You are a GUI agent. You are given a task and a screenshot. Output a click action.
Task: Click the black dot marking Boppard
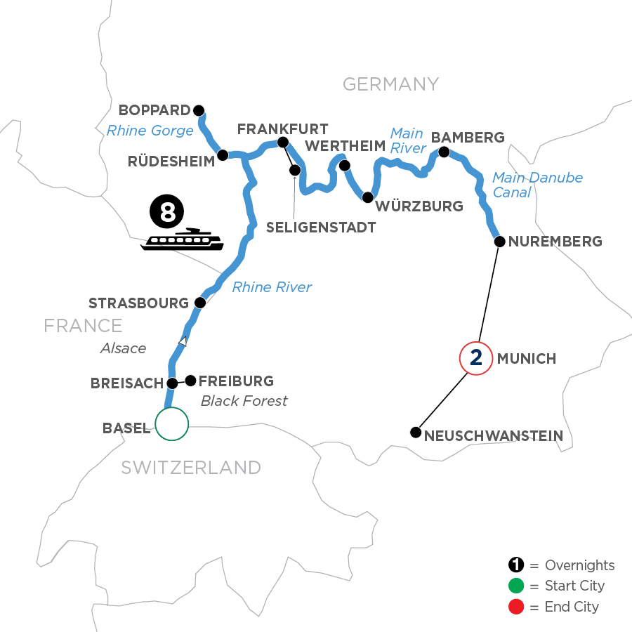pyautogui.click(x=199, y=110)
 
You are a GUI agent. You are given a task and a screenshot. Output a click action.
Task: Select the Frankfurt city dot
pyautogui.click(x=283, y=143)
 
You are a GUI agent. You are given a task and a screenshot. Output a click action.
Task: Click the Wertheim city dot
pyautogui.click(x=344, y=166)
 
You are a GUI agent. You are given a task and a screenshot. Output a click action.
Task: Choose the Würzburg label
pyautogui.click(x=419, y=206)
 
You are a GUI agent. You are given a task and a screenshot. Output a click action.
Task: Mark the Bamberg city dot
pyautogui.click(x=444, y=152)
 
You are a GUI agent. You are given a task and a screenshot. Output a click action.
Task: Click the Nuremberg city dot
pyautogui.click(x=499, y=242)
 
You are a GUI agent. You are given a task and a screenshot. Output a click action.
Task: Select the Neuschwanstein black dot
pyautogui.click(x=416, y=432)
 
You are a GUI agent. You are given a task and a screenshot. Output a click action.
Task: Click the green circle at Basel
pyautogui.click(x=172, y=424)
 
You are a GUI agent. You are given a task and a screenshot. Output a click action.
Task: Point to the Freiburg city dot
pyautogui.click(x=190, y=380)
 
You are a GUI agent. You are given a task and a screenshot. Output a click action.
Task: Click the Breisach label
pyautogui.click(x=127, y=383)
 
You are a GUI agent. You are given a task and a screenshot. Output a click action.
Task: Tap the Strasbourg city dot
pyautogui.click(x=200, y=303)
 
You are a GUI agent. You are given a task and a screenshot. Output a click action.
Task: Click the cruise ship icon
pyautogui.click(x=182, y=240)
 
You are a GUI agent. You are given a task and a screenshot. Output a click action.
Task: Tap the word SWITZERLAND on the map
pyautogui.click(x=191, y=468)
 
